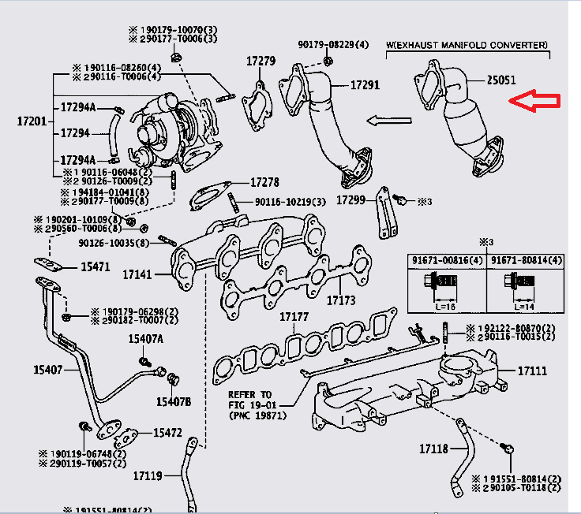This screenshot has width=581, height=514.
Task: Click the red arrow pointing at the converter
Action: point(534,101)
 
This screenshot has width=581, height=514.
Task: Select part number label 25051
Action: point(502,80)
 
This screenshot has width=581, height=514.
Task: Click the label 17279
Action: point(261,61)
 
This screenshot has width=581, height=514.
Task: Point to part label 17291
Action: point(365,84)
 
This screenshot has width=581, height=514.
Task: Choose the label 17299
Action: point(350,200)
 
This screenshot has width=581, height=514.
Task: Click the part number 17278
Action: point(265,183)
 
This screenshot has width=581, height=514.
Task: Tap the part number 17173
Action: point(342,300)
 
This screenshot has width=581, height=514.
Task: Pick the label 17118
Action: point(433,449)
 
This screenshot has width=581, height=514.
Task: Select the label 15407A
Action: point(146,339)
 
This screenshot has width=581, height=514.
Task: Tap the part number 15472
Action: point(167,433)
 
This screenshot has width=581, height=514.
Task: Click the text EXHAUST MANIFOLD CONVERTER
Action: point(470,46)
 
